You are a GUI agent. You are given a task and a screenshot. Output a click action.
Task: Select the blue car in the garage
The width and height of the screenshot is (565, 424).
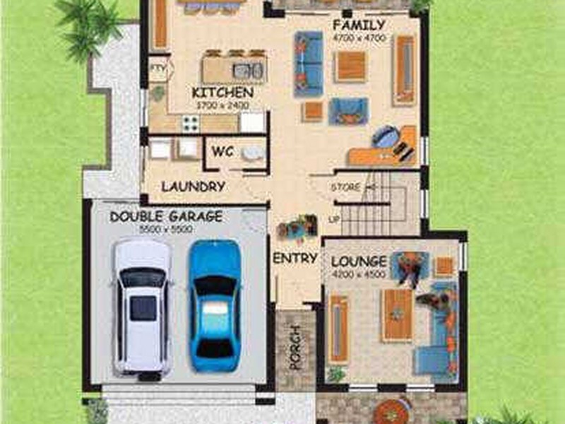pos(214,305)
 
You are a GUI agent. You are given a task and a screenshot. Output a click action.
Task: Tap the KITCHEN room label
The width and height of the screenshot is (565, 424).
pos(222,93)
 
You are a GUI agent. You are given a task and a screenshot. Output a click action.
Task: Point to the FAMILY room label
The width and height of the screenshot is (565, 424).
pos(359,25)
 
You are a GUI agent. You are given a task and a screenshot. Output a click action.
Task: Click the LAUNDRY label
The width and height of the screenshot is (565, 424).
pos(193,187)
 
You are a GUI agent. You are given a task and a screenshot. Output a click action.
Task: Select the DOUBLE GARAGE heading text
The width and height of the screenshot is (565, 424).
pos(166,216)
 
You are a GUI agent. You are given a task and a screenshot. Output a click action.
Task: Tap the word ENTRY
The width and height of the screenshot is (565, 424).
pos(295,258)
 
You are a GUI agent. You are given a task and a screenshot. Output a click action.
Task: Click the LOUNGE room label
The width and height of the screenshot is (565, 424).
pos(359,261)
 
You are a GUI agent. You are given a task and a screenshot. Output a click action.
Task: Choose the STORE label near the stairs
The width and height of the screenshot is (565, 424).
pos(346,187)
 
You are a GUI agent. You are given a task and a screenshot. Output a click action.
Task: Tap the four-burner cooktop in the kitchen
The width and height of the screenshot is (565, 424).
pos(191,123)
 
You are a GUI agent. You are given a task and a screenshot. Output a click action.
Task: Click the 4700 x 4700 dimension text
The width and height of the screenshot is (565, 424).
pos(359,37)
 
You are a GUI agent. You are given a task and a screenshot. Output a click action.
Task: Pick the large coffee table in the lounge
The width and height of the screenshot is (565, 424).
pos(397,314)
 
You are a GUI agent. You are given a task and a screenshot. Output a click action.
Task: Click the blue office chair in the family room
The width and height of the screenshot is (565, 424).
pos(385,136)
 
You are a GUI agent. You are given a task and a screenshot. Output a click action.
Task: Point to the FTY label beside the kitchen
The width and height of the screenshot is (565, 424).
pos(157,69)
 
